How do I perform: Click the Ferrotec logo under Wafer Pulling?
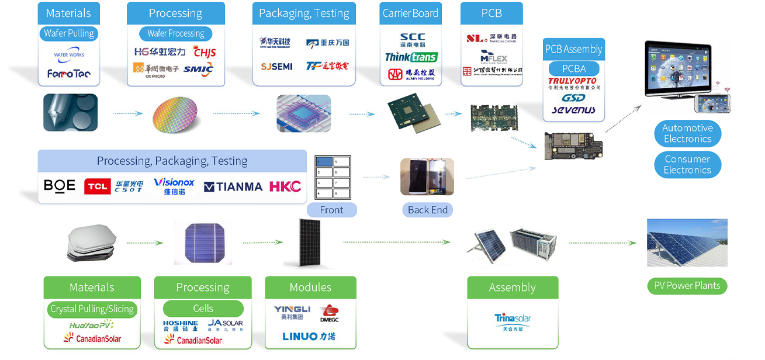tap(69, 74)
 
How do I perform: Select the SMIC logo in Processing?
tap(198, 70)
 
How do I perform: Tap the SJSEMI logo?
tap(276, 67)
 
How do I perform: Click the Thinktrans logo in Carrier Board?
tap(411, 57)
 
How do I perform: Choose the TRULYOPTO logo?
tap(572, 81)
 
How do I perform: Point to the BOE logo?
tap(60, 186)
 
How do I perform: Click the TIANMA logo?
tap(233, 187)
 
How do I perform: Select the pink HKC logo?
tap(285, 186)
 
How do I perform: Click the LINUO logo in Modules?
tap(309, 336)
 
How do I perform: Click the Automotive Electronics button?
tap(687, 133)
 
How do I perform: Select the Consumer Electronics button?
tap(687, 164)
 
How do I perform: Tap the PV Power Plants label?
tap(687, 286)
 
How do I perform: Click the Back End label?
tap(428, 210)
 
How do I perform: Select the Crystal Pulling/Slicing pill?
tap(92, 309)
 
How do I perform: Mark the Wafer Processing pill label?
tap(175, 33)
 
